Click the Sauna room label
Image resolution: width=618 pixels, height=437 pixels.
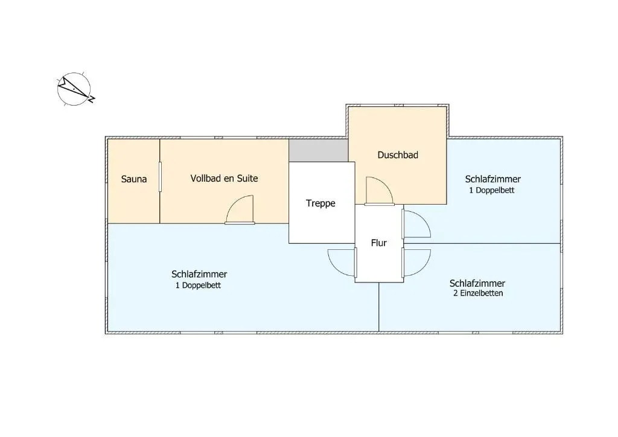coord(134,179)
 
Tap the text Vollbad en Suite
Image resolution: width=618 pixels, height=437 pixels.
coord(224,178)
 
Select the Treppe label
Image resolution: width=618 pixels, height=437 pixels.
coord(320,203)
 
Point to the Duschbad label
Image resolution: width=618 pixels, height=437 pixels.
coord(398,155)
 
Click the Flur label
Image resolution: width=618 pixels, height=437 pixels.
coord(379,243)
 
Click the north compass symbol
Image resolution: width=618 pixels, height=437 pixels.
coord(75,89)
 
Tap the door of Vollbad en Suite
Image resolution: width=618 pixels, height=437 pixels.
coord(240,210)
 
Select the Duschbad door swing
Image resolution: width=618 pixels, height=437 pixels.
coord(379,191)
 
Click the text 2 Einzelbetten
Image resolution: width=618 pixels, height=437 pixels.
coord(478,293)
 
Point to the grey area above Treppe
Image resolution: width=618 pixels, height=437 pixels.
coord(319,150)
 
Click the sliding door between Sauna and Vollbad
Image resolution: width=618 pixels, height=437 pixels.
coord(160,177)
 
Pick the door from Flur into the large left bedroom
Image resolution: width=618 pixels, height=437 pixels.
coord(342,263)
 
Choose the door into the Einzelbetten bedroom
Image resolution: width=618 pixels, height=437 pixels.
coord(416,263)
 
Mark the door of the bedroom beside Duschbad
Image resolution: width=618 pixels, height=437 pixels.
coord(416,224)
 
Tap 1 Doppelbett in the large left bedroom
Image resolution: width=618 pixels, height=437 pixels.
coord(198,285)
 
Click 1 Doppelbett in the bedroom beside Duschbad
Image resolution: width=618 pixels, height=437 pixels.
coord(492,190)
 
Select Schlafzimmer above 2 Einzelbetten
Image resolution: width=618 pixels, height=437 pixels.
coord(477,283)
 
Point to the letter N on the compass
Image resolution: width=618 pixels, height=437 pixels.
coord(92,99)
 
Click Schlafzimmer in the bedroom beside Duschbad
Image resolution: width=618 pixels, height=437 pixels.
coord(492,179)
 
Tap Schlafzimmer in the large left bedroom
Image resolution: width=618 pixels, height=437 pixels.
coord(199,274)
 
